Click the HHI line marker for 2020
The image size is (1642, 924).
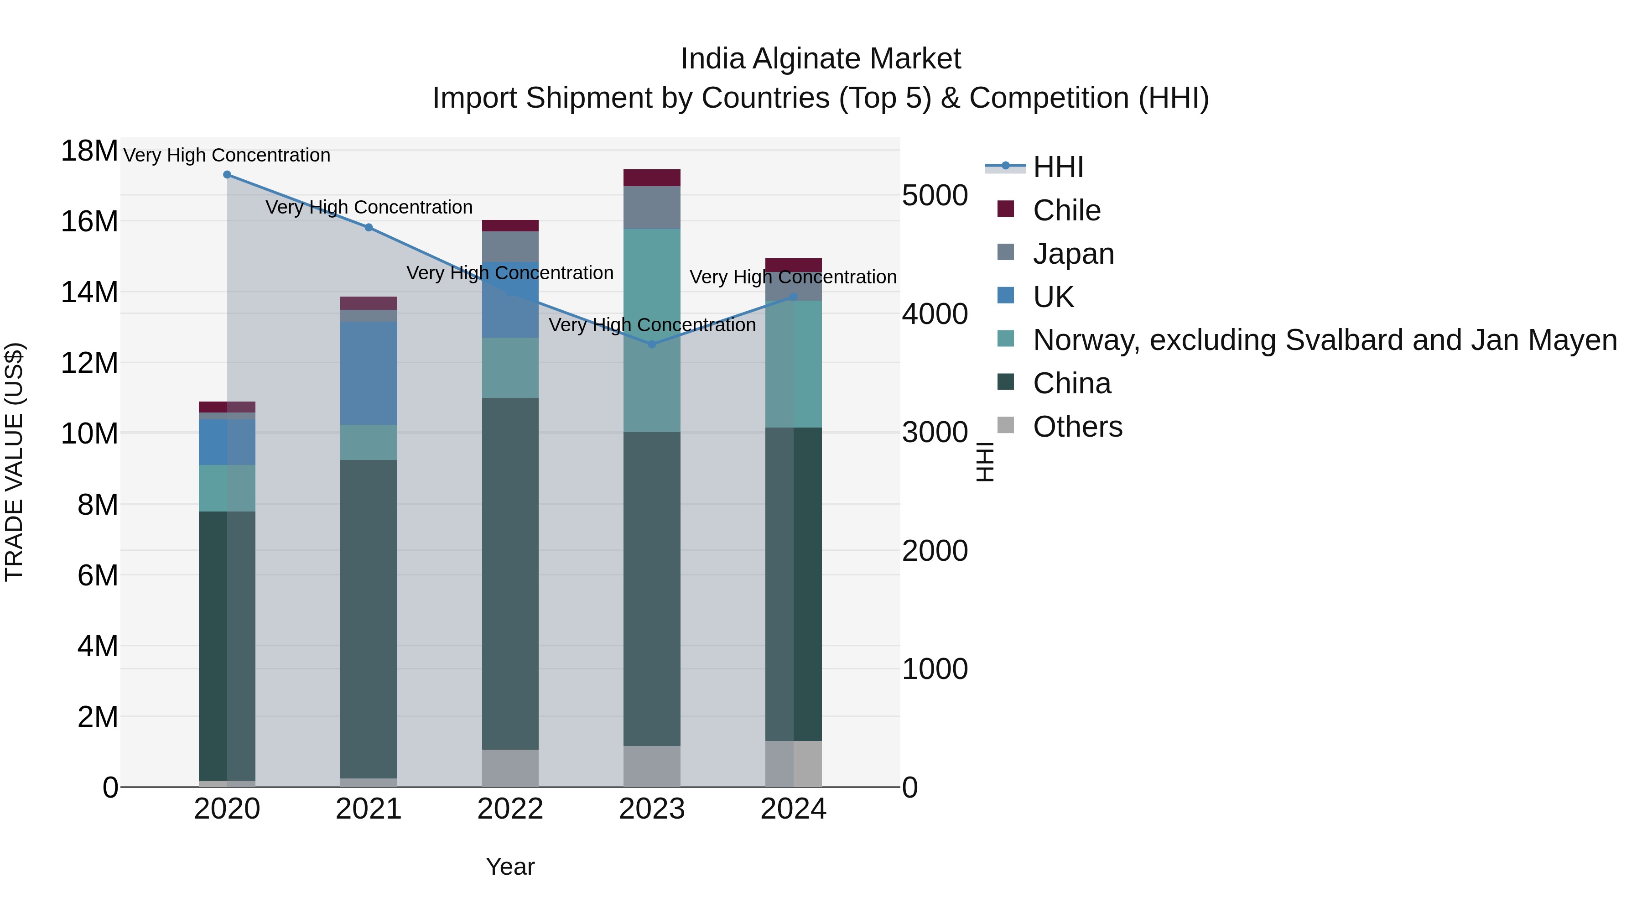[227, 175]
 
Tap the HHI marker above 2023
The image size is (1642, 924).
[651, 345]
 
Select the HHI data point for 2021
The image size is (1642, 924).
[369, 228]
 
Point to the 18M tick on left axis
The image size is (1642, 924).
[89, 152]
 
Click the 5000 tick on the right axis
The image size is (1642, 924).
[935, 196]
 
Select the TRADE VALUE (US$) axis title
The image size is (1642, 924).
[14, 462]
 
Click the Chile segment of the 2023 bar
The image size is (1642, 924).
[651, 178]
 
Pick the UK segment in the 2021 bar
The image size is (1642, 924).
[369, 373]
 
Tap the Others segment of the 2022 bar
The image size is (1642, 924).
[510, 768]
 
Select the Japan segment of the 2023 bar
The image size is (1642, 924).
[651, 208]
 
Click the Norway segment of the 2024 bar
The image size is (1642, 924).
[793, 364]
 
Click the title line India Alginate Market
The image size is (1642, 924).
[821, 59]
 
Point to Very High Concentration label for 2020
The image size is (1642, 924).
[227, 156]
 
